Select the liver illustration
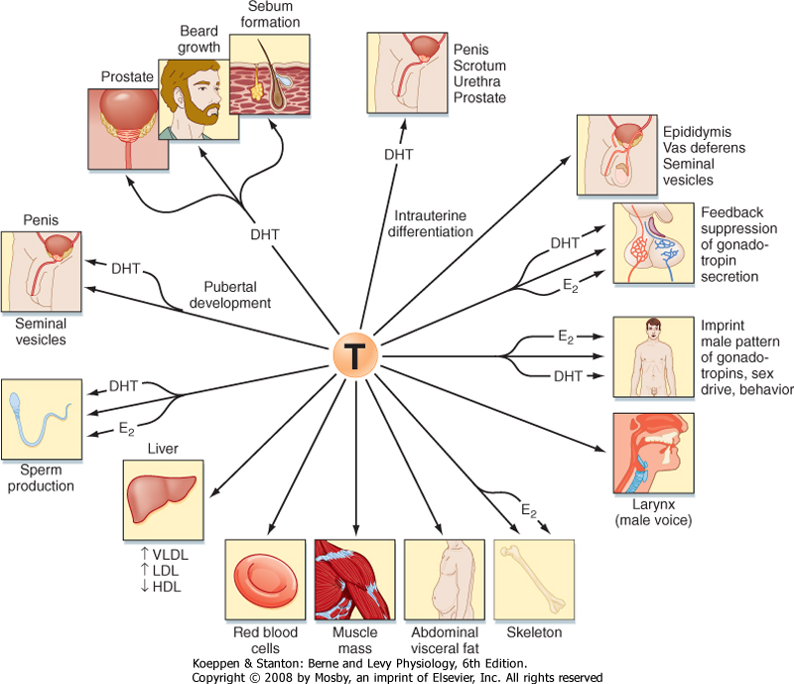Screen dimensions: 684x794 point(164,496)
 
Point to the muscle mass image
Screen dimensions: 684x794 point(355,581)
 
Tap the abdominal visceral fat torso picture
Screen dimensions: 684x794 point(445,581)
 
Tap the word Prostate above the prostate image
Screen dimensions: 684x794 point(126,75)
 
